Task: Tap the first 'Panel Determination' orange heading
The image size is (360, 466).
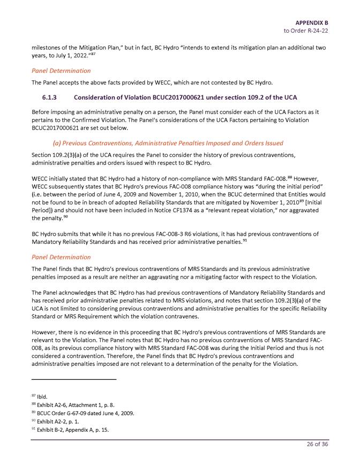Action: point(61,70)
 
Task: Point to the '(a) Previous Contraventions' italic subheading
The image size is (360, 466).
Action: point(168,143)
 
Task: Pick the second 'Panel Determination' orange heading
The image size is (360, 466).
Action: point(61,257)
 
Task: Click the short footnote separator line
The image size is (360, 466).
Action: point(73,379)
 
